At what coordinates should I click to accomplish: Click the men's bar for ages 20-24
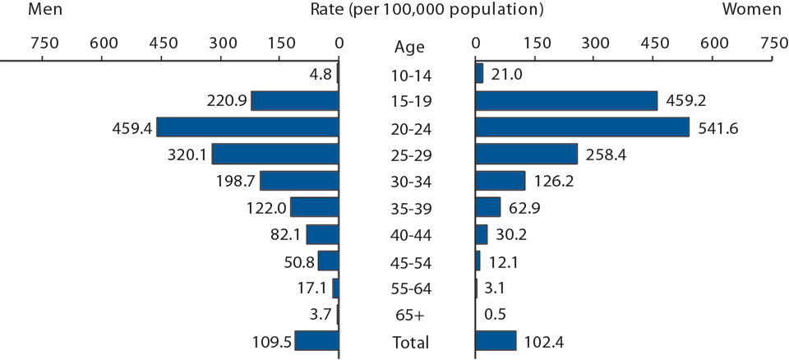pos(247,127)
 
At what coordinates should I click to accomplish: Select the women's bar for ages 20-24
pos(582,127)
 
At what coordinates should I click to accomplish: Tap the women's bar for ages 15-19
pos(566,100)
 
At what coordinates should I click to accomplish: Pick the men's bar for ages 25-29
pos(275,155)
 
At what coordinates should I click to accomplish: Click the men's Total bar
pos(317,341)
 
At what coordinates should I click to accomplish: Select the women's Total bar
pos(496,341)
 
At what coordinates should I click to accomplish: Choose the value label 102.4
pos(547,342)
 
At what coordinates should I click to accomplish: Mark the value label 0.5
pos(496,315)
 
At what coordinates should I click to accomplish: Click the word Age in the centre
pos(408,47)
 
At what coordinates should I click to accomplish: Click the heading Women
pos(751,10)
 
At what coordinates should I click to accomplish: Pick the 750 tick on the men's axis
pos(44,42)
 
